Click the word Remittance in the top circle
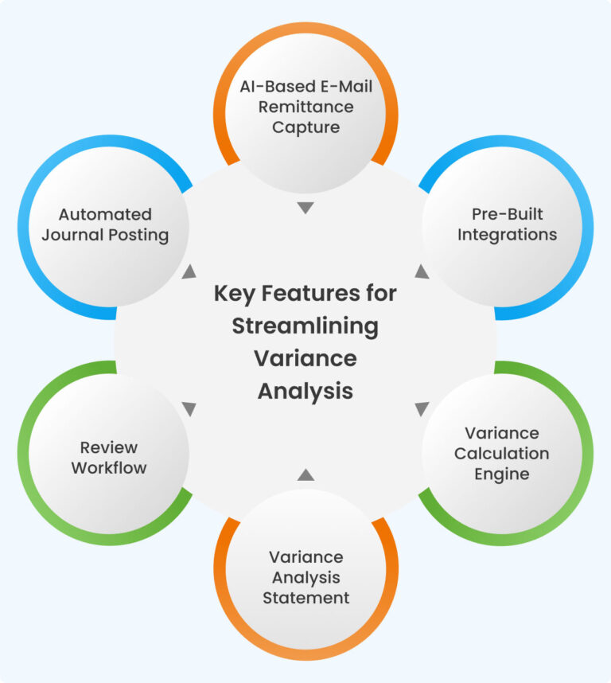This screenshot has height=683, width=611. [305, 106]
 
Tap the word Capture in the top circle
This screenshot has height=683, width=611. [305, 127]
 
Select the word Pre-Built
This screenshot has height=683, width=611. [507, 214]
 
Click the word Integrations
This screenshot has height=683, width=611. [507, 235]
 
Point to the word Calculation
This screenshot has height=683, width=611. [501, 454]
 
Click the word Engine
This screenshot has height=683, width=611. [501, 474]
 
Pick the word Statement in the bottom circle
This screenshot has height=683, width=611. [305, 598]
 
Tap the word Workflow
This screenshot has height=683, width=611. [109, 468]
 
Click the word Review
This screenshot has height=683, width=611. [109, 447]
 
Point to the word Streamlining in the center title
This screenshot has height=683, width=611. [305, 326]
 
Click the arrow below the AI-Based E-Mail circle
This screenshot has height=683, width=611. [305, 209]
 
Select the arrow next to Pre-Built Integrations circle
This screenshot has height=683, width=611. [422, 272]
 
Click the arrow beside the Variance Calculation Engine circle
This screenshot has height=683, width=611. [422, 409]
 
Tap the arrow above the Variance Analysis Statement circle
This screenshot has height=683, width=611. [305, 474]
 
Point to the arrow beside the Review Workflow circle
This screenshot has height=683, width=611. [189, 409]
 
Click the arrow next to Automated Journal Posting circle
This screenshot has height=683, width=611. [189, 272]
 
